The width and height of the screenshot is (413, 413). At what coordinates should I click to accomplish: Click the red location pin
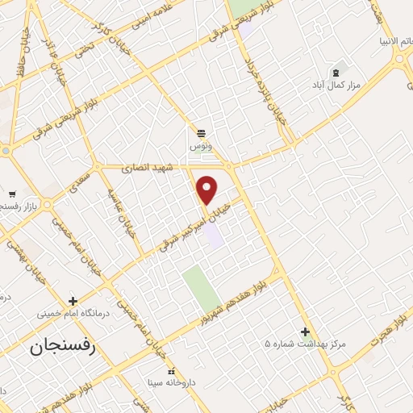tap(207, 190)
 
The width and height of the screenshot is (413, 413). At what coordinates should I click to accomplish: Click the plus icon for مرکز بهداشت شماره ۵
tap(305, 331)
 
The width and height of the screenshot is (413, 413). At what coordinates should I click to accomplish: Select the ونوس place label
tap(200, 146)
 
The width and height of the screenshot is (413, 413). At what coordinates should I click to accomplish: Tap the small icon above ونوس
tap(200, 132)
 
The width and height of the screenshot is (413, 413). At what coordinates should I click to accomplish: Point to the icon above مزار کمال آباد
tap(336, 71)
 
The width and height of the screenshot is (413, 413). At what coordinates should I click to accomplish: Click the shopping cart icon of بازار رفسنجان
tap(12, 194)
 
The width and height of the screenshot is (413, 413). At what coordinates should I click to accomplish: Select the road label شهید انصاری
tap(143, 169)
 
